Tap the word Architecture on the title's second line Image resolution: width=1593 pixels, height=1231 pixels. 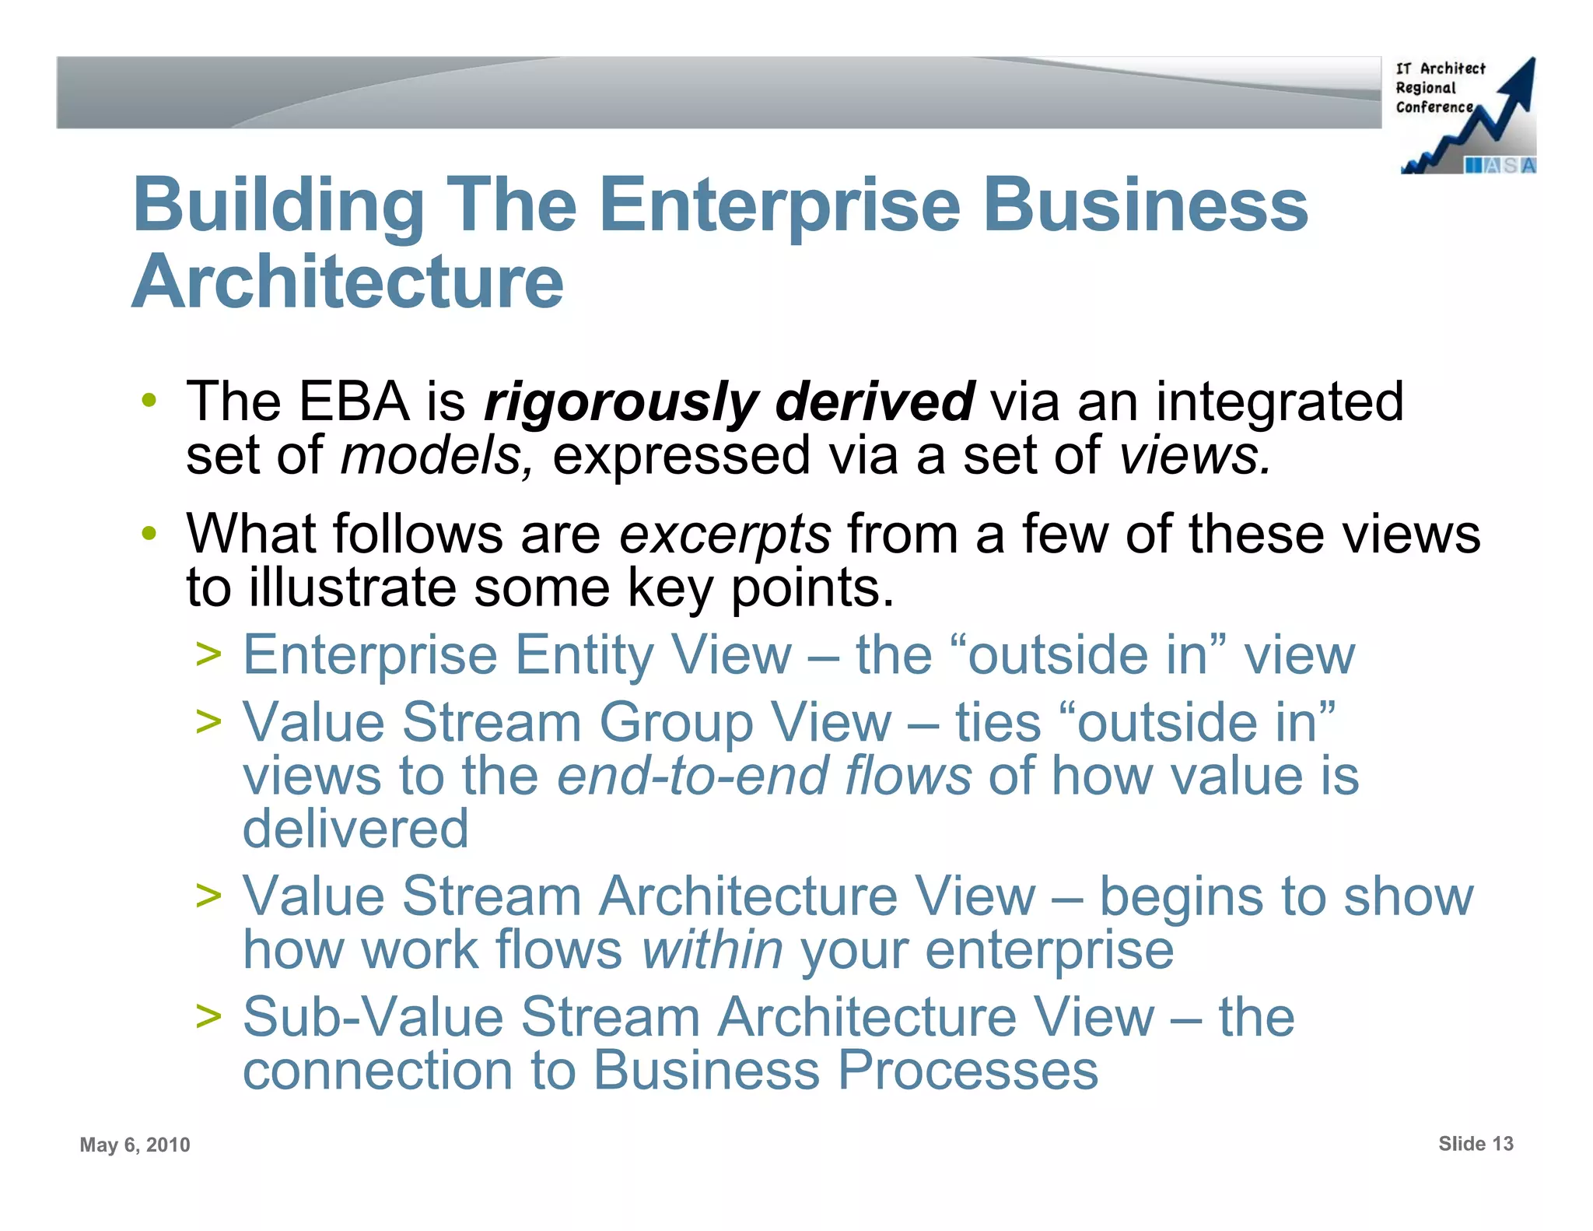[x=348, y=282]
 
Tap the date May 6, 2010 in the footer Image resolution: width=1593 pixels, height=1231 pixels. [x=135, y=1145]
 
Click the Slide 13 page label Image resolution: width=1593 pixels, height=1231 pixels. [x=1476, y=1144]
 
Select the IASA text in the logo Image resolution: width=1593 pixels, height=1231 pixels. [x=1499, y=165]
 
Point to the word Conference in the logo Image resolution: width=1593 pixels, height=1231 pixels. [x=1434, y=107]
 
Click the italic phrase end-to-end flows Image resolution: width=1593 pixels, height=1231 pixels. [x=764, y=777]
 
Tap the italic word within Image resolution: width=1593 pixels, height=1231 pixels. [x=712, y=950]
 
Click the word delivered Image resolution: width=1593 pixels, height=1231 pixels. [x=355, y=829]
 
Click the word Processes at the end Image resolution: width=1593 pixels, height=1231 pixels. [x=968, y=1071]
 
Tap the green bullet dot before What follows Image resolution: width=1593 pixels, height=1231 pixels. [x=149, y=535]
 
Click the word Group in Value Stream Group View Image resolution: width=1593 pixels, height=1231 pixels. [x=676, y=723]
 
